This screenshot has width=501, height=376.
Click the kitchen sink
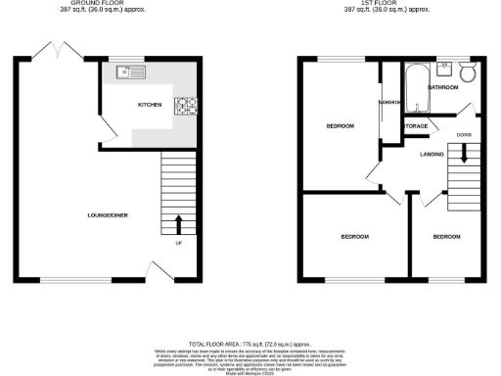(x=129, y=72)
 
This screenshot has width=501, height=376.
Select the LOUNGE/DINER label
(x=108, y=214)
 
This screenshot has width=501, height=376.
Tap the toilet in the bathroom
(x=466, y=73)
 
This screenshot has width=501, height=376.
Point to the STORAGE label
(x=416, y=125)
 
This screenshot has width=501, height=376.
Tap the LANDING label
(x=433, y=154)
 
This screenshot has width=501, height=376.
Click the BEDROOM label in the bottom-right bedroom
(x=446, y=237)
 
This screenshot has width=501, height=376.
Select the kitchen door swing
(x=110, y=136)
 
